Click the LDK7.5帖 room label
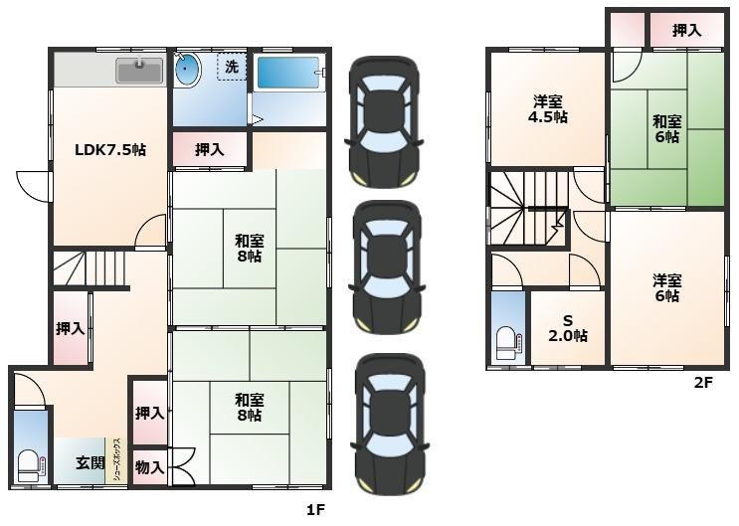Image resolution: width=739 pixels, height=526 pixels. (110, 150)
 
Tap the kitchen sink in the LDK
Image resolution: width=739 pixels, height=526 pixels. (139, 71)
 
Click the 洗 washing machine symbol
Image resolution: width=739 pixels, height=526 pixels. (232, 67)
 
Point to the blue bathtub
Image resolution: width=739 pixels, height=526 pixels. (288, 73)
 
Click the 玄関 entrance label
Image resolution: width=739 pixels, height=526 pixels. (91, 462)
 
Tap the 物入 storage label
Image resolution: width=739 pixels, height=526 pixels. (149, 467)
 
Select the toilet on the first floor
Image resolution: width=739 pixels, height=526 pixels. (31, 466)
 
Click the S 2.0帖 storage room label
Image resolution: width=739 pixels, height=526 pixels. (568, 328)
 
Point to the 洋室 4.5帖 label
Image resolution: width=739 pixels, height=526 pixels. (547, 108)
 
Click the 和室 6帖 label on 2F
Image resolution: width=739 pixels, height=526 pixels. (667, 129)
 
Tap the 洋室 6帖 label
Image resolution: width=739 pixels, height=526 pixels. (667, 288)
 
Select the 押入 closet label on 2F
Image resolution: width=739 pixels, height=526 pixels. (686, 30)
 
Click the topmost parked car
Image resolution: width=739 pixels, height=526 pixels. (384, 122)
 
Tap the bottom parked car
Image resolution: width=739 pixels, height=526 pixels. (390, 425)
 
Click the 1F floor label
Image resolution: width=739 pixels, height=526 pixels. (315, 510)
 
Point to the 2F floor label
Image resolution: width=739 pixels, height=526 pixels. (703, 382)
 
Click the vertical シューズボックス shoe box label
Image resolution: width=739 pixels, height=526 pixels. (119, 459)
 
